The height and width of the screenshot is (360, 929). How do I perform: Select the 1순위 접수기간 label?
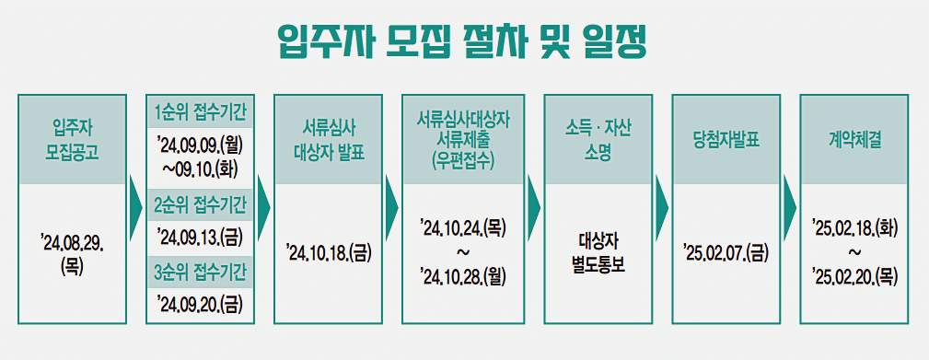point(199,110)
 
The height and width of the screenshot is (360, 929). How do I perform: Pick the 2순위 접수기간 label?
point(199,203)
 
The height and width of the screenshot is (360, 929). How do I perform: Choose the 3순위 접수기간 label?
point(199,272)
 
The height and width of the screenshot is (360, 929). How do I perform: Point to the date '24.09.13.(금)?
point(200,237)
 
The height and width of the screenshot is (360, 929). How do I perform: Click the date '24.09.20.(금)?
point(200,304)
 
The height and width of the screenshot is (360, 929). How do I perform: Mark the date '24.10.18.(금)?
point(329,251)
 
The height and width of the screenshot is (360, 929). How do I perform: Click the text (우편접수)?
point(463,159)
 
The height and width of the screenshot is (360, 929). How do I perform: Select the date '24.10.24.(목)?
point(463,226)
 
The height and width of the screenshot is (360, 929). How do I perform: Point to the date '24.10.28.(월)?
point(463,274)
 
